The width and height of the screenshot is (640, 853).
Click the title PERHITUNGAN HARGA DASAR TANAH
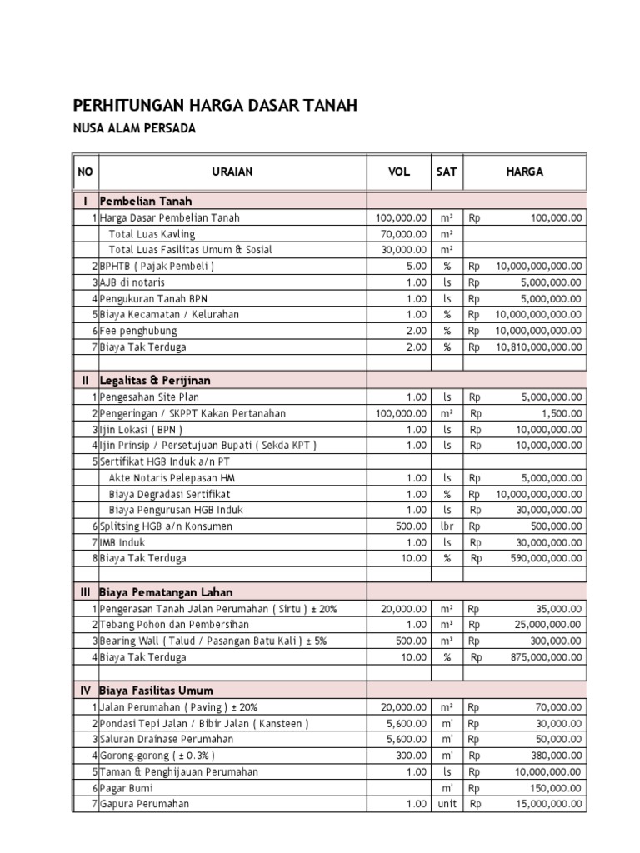click(x=216, y=106)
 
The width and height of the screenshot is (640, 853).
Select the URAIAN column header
click(x=232, y=172)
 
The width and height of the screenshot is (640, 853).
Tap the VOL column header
click(x=399, y=172)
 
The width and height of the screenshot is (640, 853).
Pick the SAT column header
click(x=447, y=172)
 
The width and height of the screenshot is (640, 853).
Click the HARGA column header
click(x=524, y=172)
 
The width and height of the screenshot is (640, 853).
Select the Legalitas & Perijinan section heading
click(x=156, y=380)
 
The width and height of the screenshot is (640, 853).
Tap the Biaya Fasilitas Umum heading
click(x=156, y=691)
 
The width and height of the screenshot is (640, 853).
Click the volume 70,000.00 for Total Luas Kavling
click(x=401, y=234)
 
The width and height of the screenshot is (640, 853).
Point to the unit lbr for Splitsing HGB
click(x=447, y=526)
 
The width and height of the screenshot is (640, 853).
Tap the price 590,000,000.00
click(x=546, y=558)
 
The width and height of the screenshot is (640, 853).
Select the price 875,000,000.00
click(x=546, y=657)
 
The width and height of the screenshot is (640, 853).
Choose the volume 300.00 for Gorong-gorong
click(x=410, y=756)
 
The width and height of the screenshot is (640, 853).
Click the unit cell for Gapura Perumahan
click(x=447, y=804)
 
